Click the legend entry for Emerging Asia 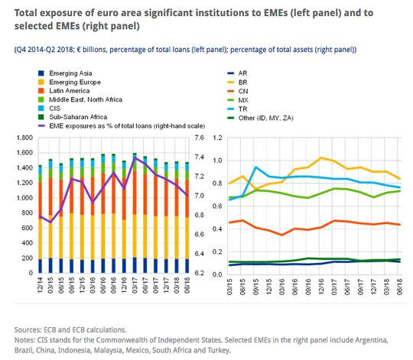click(65, 73)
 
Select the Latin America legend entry click(64, 91)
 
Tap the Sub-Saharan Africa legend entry click(73, 117)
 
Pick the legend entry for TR click(237, 109)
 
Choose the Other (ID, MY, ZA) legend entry click(260, 118)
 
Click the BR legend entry click(237, 83)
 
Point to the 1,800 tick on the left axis click(24, 138)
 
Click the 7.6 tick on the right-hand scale click(200, 138)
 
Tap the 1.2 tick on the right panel click(217, 138)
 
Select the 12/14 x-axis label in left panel click(40, 285)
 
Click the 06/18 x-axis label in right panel click(399, 287)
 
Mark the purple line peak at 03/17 click(135, 157)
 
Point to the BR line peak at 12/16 click(320, 157)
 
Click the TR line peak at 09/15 click(255, 167)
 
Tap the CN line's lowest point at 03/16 click(281, 235)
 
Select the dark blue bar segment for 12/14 click(41, 266)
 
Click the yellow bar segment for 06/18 click(187, 238)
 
